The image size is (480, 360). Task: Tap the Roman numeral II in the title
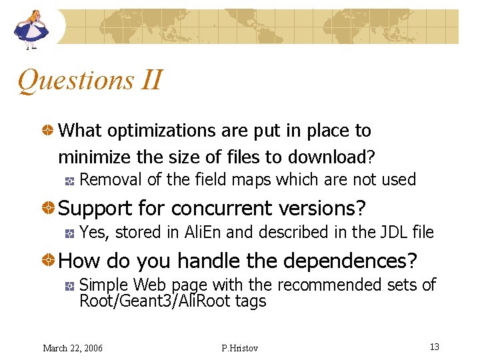tap(152, 81)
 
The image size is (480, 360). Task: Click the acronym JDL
tap(382, 232)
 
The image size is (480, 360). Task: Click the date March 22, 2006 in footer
tap(73, 348)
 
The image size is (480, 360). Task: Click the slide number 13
tap(434, 347)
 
